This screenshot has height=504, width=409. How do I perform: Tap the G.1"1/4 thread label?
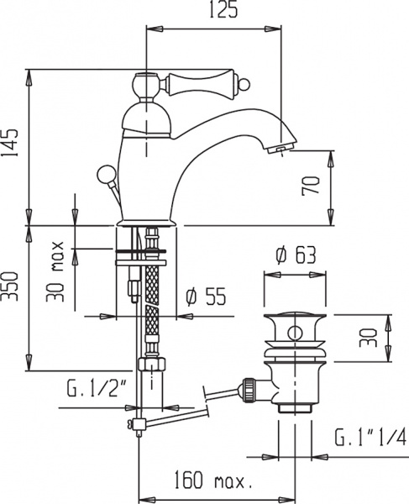tap(369, 437)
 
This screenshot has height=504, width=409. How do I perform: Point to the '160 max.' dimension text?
tap(214, 483)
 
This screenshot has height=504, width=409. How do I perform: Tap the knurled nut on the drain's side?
tap(249, 387)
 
